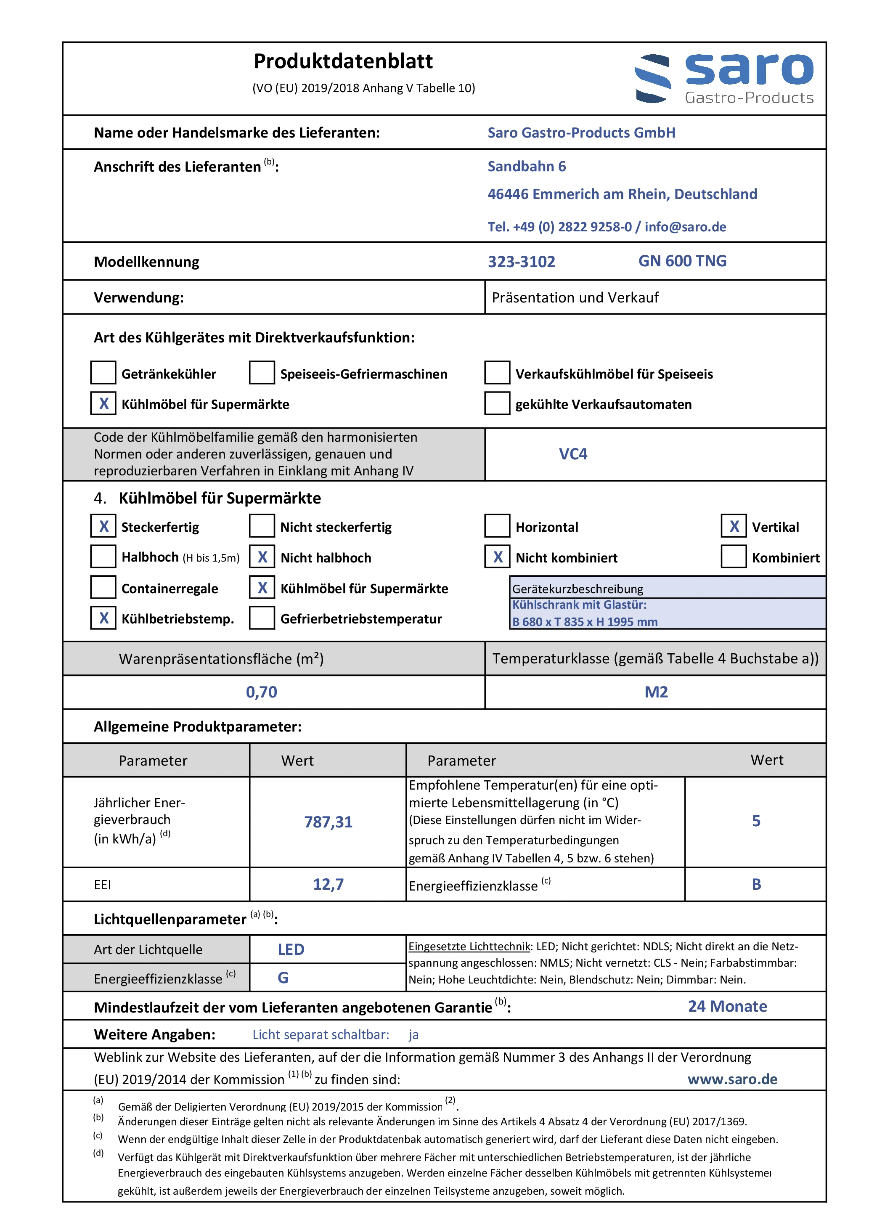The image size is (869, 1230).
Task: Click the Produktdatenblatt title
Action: point(343,61)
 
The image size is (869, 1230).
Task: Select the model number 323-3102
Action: point(521,261)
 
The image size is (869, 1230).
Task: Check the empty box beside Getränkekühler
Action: point(103,373)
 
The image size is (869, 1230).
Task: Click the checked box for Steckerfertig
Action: point(103,527)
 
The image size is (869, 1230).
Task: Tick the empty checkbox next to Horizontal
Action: point(497,527)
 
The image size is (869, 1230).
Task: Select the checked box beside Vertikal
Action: point(734,527)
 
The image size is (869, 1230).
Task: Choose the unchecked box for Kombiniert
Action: point(734,557)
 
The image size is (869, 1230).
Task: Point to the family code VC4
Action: point(573,454)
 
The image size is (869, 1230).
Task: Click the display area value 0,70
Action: point(262,692)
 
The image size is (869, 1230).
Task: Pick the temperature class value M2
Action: point(656,692)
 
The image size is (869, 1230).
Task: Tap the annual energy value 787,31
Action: point(328,822)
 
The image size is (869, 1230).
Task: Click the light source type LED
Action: point(291,950)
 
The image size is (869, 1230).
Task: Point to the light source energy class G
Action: point(283,978)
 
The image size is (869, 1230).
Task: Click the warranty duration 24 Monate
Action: point(727,1007)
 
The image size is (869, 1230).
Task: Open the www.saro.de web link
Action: point(732,1079)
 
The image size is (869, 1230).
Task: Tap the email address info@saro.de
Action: point(685,227)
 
